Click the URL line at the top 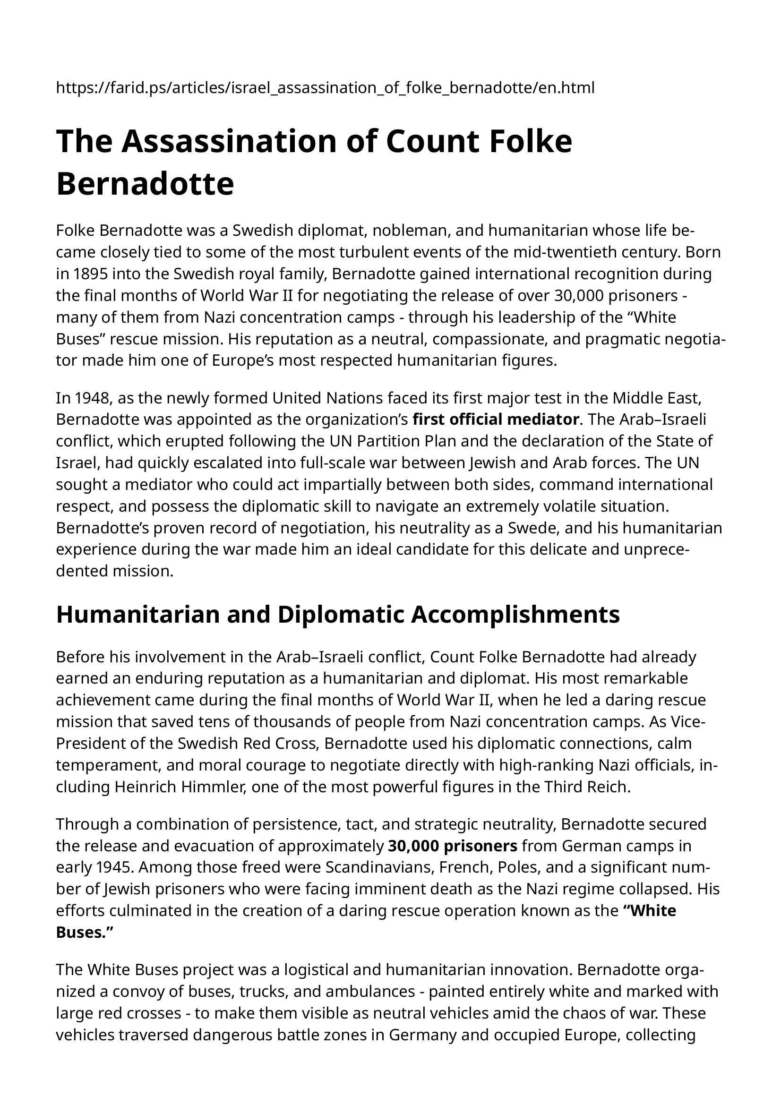point(325,87)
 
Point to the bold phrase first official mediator point(496,420)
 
